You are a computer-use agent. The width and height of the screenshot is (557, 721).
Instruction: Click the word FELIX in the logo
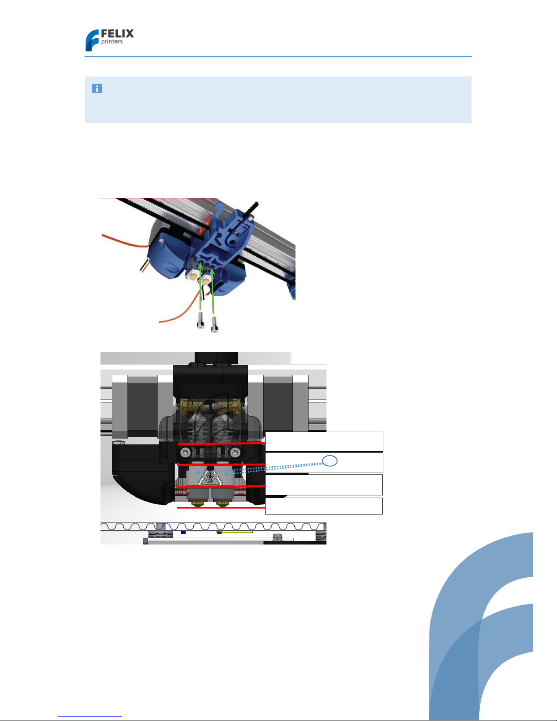pos(117,34)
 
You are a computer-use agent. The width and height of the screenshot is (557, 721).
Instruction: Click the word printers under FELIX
pos(112,41)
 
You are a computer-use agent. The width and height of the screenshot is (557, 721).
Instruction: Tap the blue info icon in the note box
pos(97,89)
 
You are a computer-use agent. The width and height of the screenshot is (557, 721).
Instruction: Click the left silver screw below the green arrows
pos(201,321)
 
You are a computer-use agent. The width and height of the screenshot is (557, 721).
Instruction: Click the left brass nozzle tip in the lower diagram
pos(198,504)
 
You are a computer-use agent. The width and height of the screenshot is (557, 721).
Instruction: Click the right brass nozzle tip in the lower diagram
pos(223,504)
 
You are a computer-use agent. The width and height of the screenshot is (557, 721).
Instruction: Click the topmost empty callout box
pos(324,442)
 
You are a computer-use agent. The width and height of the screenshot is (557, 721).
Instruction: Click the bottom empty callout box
pos(324,506)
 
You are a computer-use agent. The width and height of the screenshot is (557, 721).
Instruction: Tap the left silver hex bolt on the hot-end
pos(186,452)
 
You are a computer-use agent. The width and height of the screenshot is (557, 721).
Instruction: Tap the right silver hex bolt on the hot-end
pos(235,452)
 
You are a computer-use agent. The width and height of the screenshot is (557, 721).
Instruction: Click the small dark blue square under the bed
pos(183,532)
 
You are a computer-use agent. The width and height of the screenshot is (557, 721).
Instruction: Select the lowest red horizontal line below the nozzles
pos(221,508)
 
